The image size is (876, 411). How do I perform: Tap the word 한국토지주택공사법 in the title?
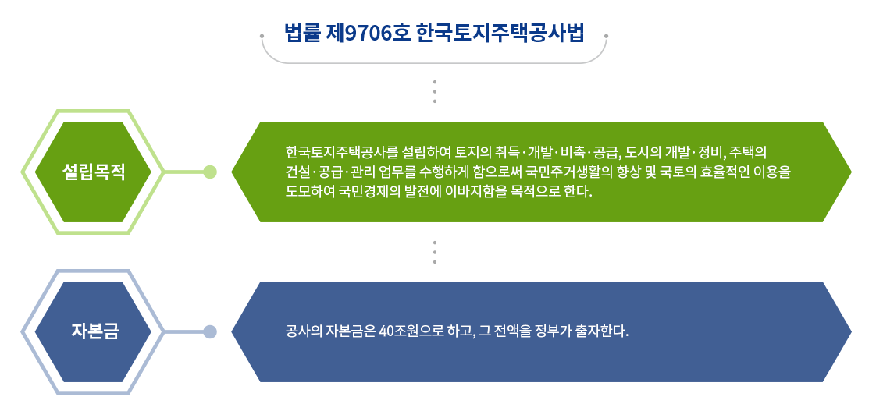[x=500, y=34]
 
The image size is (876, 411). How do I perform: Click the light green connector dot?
[x=210, y=172]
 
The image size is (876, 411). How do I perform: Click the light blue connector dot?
[x=210, y=331]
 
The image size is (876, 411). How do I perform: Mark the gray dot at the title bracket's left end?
[x=262, y=36]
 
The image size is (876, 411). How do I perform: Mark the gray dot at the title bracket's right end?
[x=606, y=36]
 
